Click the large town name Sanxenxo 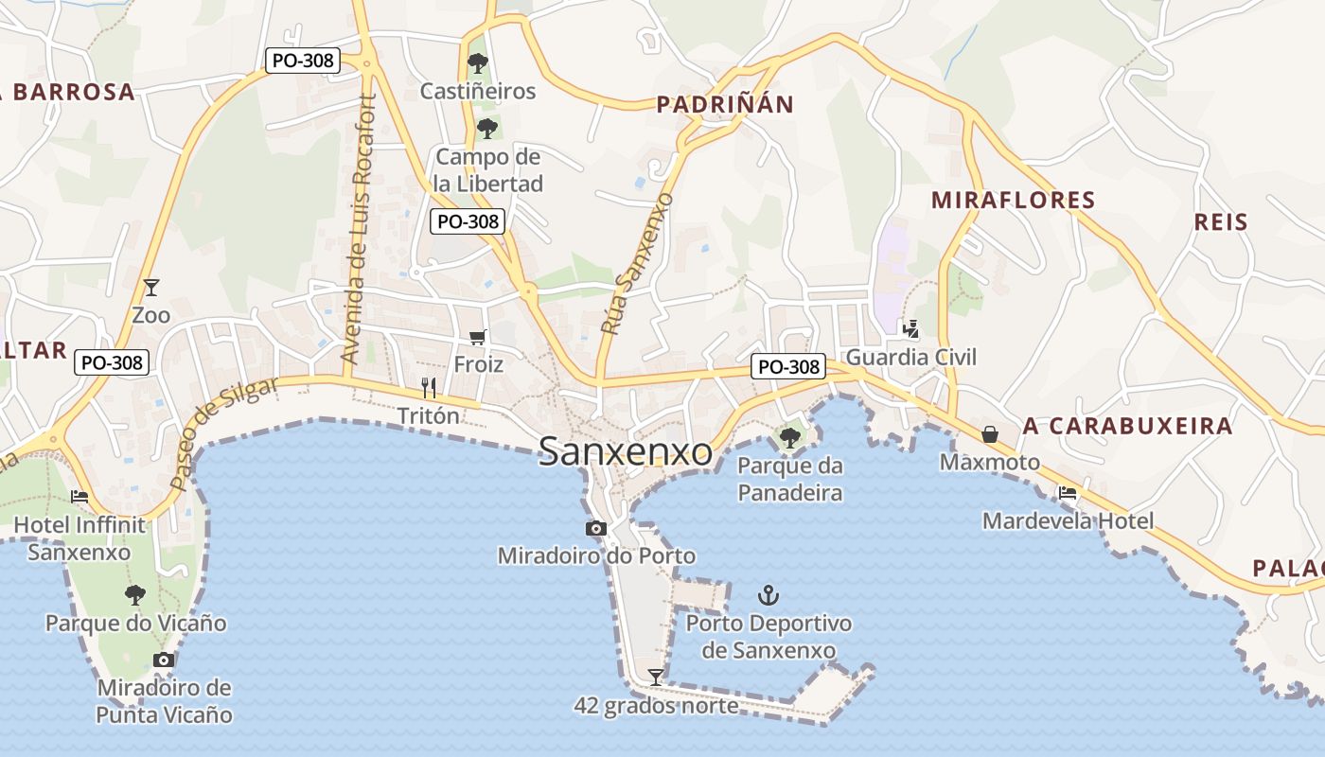point(625,452)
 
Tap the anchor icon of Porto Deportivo point(768,595)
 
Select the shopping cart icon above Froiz point(478,338)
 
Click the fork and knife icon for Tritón point(428,387)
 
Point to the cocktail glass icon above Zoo point(150,287)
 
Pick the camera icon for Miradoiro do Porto point(595,528)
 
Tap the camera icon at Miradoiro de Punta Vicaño point(164,660)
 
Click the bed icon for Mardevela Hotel point(1068,493)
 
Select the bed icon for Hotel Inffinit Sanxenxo point(79,496)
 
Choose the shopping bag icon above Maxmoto point(990,434)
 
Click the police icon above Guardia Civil point(910,329)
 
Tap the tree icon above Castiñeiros point(478,63)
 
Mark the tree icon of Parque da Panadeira point(789,437)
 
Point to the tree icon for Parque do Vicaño point(135,594)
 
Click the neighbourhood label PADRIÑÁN point(725,104)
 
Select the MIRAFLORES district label point(1013,201)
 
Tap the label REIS point(1221,222)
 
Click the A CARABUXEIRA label point(1127,426)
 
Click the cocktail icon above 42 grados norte point(655,677)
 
